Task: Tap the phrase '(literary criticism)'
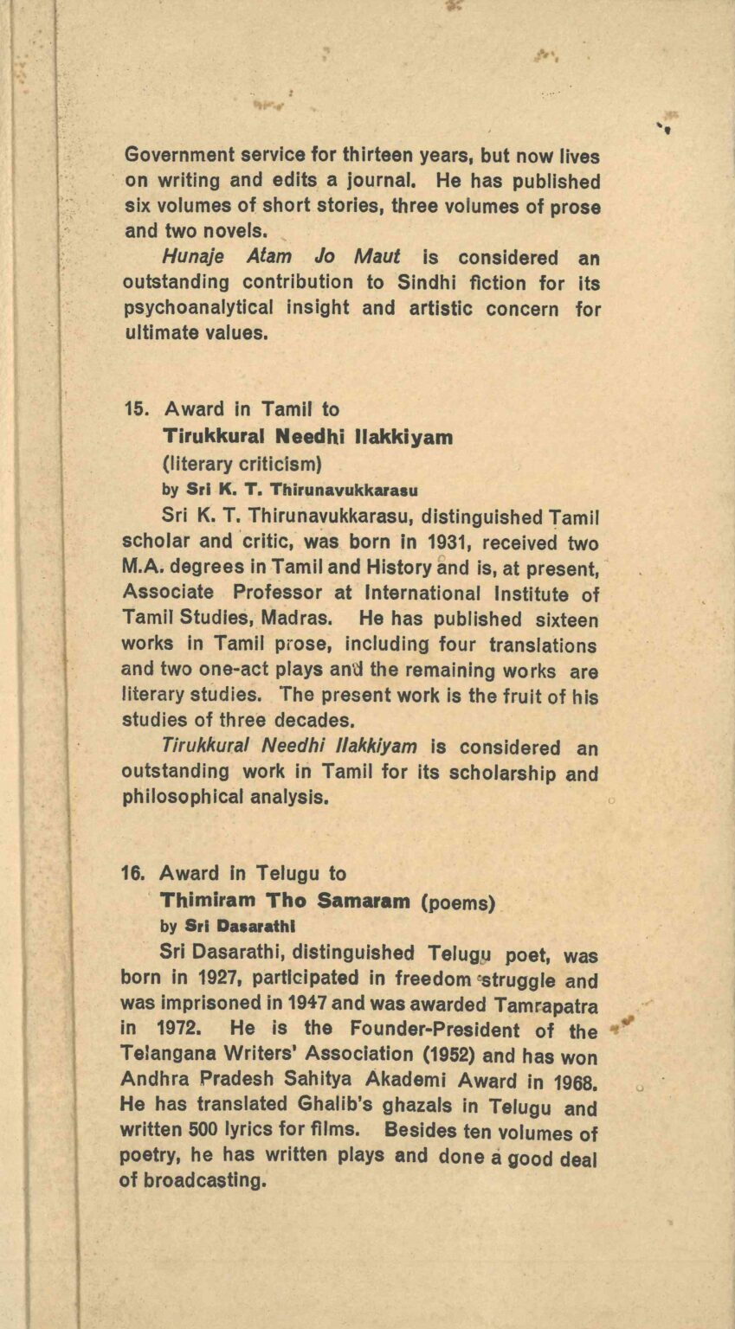coord(242,463)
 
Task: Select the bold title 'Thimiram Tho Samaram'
coord(285,901)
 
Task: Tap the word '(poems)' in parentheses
coord(458,902)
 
